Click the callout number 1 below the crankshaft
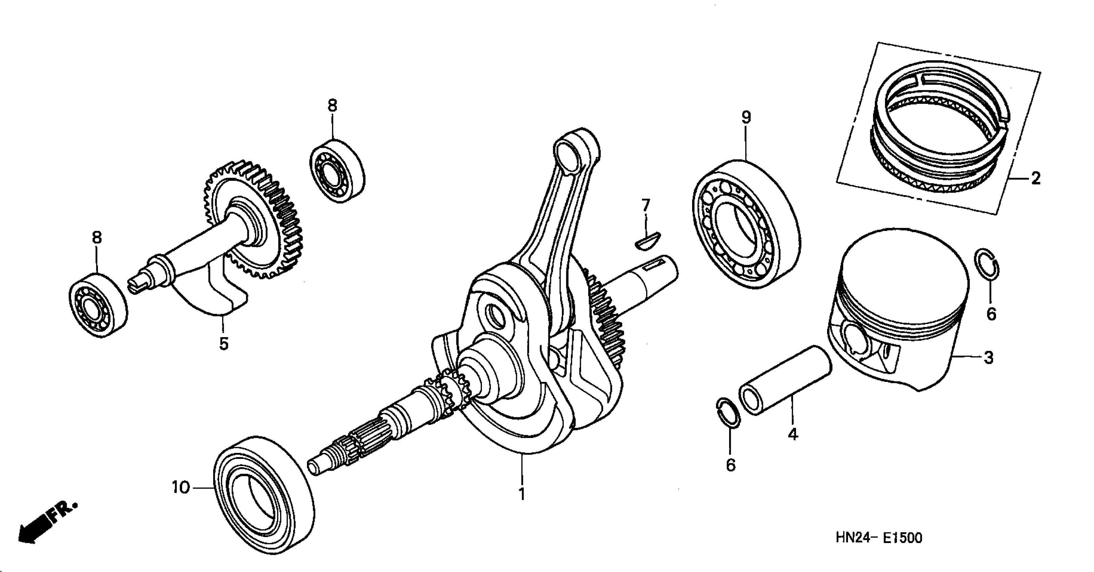click(522, 494)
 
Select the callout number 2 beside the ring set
click(1036, 178)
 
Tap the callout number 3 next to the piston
click(989, 358)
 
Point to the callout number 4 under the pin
click(792, 434)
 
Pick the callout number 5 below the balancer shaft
click(224, 343)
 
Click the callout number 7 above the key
click(646, 206)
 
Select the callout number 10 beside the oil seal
click(180, 488)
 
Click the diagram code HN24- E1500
click(879, 538)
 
